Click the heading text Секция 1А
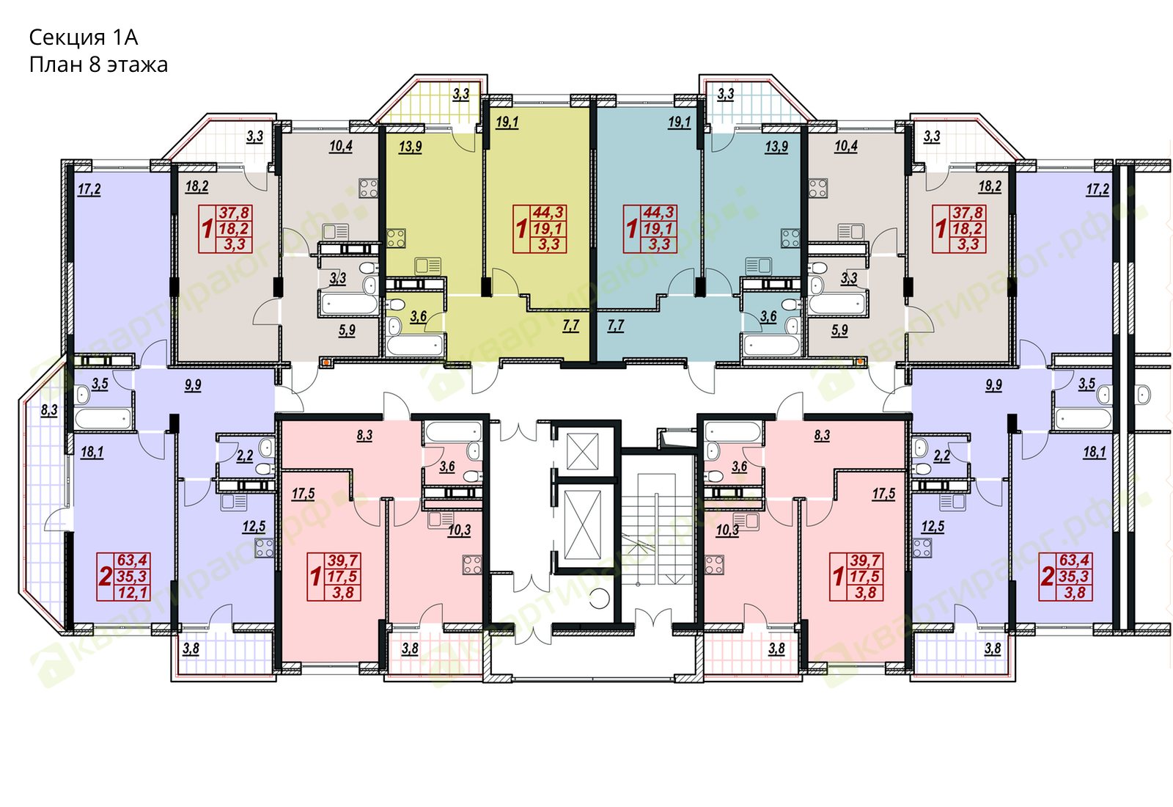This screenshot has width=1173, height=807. tap(84, 37)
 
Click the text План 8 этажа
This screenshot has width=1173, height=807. tap(98, 65)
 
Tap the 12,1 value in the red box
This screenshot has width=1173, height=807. tap(133, 593)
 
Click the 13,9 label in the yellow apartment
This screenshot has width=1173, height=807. tap(410, 147)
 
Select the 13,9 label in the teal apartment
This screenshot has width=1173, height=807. tap(776, 147)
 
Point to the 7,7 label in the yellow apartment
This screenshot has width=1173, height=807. tap(571, 326)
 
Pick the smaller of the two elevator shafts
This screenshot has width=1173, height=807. tap(582, 451)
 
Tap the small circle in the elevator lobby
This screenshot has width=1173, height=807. tap(599, 598)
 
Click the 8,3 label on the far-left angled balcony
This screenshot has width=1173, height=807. tap(49, 410)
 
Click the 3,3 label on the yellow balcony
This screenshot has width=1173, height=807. tap(461, 95)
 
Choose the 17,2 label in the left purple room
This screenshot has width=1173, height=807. tap(89, 189)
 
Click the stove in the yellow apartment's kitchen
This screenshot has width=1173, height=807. tap(397, 238)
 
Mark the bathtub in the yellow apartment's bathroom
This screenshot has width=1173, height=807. tap(414, 346)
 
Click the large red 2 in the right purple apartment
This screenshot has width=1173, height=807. tap(1048, 577)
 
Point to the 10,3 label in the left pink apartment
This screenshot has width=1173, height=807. tap(459, 530)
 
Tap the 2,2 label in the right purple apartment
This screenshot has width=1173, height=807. tap(941, 456)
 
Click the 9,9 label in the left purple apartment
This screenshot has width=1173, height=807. tap(193, 385)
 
